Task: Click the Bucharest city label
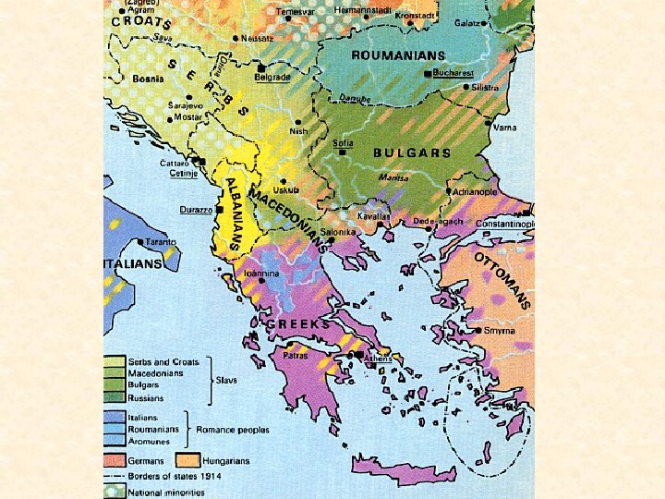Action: point(453,72)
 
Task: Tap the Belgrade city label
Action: point(273,78)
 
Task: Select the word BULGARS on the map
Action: point(411,152)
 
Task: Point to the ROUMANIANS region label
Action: point(397,55)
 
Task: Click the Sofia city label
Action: point(344,144)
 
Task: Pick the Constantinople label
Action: point(504,224)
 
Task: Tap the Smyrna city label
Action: point(500,330)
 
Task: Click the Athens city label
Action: point(378,359)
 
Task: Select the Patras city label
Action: point(295,354)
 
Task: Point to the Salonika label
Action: point(339,232)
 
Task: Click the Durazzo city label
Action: point(196,211)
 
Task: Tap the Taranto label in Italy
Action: point(159,242)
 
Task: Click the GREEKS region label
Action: point(297,324)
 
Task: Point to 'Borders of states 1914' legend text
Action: point(170,476)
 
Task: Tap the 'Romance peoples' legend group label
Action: point(229,429)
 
